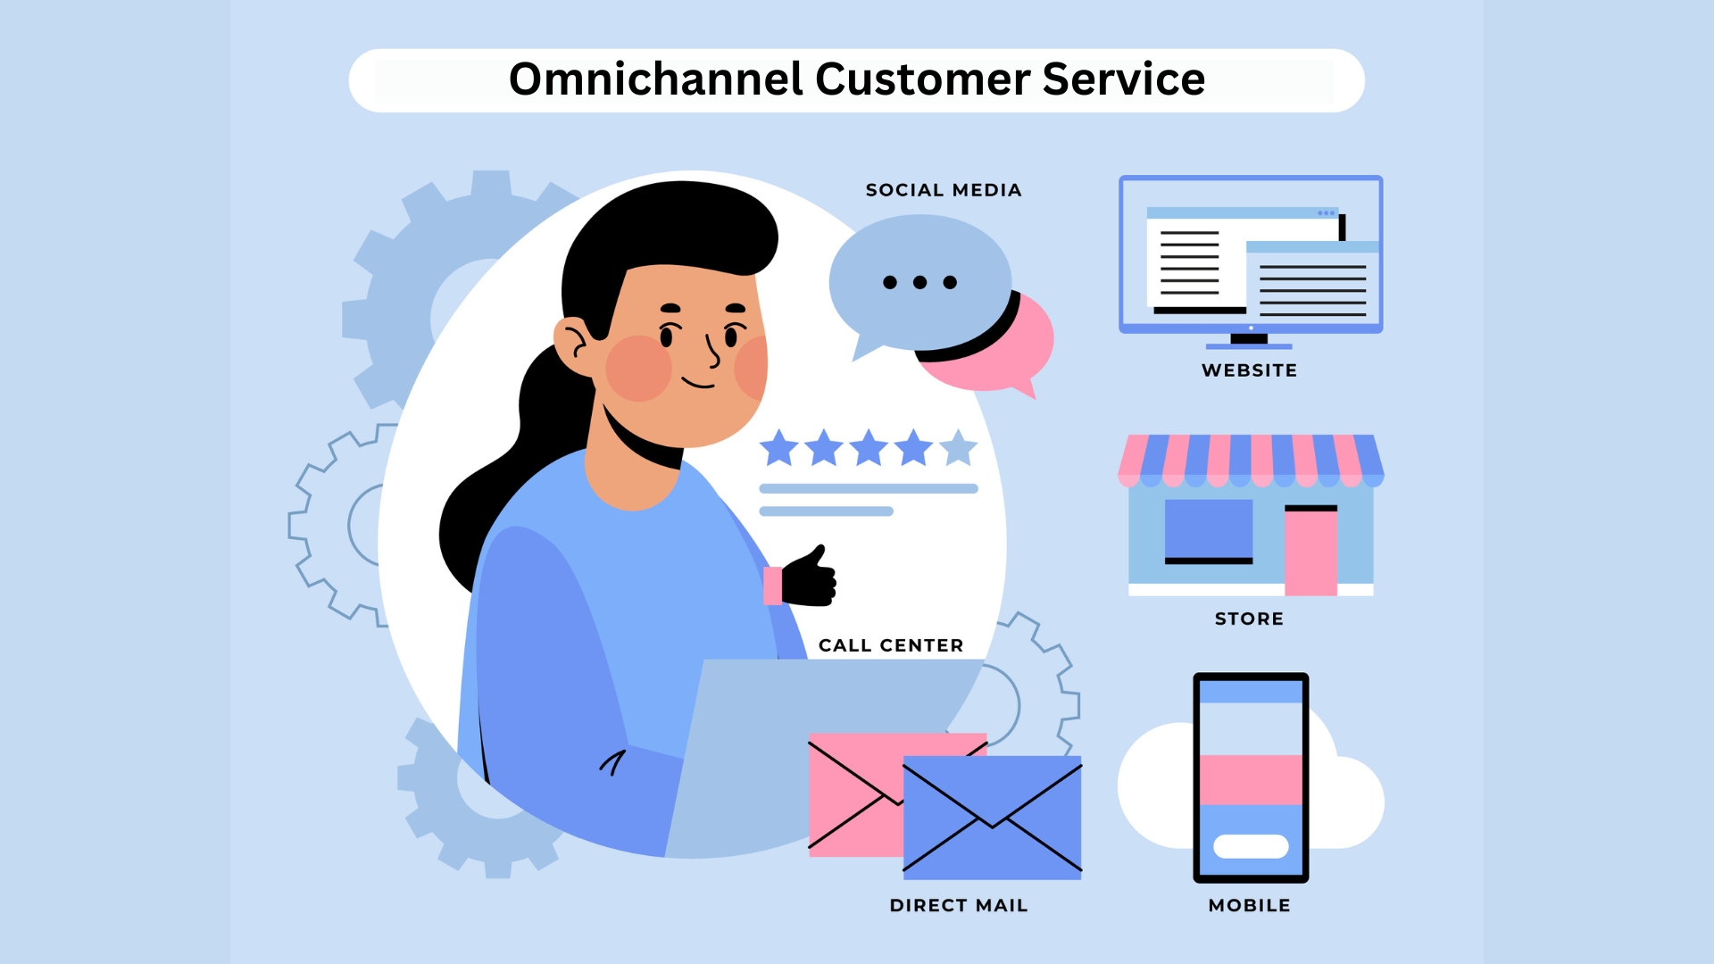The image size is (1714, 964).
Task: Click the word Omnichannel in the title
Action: click(656, 79)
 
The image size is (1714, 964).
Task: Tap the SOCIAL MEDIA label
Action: click(944, 190)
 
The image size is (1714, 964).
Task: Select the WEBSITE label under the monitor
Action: click(1249, 370)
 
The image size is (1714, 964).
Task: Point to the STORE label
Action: click(1249, 619)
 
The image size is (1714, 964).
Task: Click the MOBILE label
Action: click(1249, 905)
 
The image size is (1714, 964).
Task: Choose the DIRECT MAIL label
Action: click(959, 905)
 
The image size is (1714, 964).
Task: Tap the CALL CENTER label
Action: click(891, 645)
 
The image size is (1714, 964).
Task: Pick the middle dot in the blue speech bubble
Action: click(919, 282)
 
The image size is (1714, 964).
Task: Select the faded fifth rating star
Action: click(959, 448)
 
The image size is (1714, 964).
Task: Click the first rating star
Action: click(779, 448)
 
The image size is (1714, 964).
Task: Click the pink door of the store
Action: click(1310, 550)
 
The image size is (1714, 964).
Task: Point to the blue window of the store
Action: click(1209, 530)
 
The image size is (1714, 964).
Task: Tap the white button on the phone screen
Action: click(1251, 846)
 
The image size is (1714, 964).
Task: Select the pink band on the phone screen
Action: click(1251, 780)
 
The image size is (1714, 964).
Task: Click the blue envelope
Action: click(992, 818)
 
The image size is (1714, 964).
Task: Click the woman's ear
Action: click(573, 346)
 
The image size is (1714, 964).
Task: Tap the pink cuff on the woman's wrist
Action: click(773, 586)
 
